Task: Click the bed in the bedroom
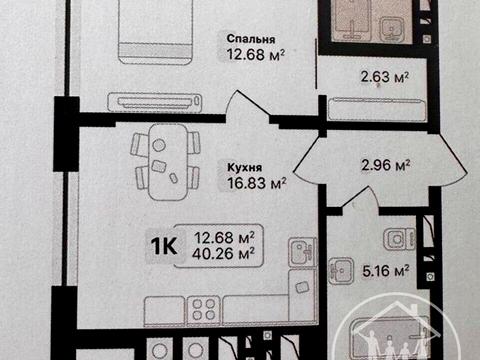tap(155, 30)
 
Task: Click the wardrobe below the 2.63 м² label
tap(366, 104)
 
